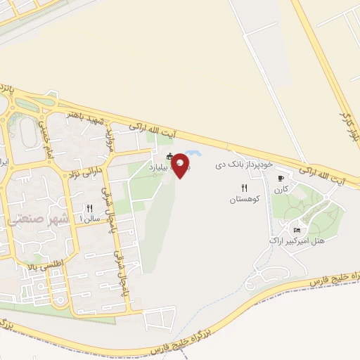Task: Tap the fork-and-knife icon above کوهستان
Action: pyautogui.click(x=245, y=188)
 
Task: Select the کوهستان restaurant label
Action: pyautogui.click(x=245, y=200)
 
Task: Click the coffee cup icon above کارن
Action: pyautogui.click(x=281, y=178)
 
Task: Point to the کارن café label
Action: pyautogui.click(x=282, y=189)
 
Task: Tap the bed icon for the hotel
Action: pyautogui.click(x=297, y=230)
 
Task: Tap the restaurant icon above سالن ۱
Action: pyautogui.click(x=89, y=208)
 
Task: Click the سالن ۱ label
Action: pyautogui.click(x=90, y=219)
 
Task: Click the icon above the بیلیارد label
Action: pyautogui.click(x=169, y=156)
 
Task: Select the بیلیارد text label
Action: pyautogui.click(x=159, y=168)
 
